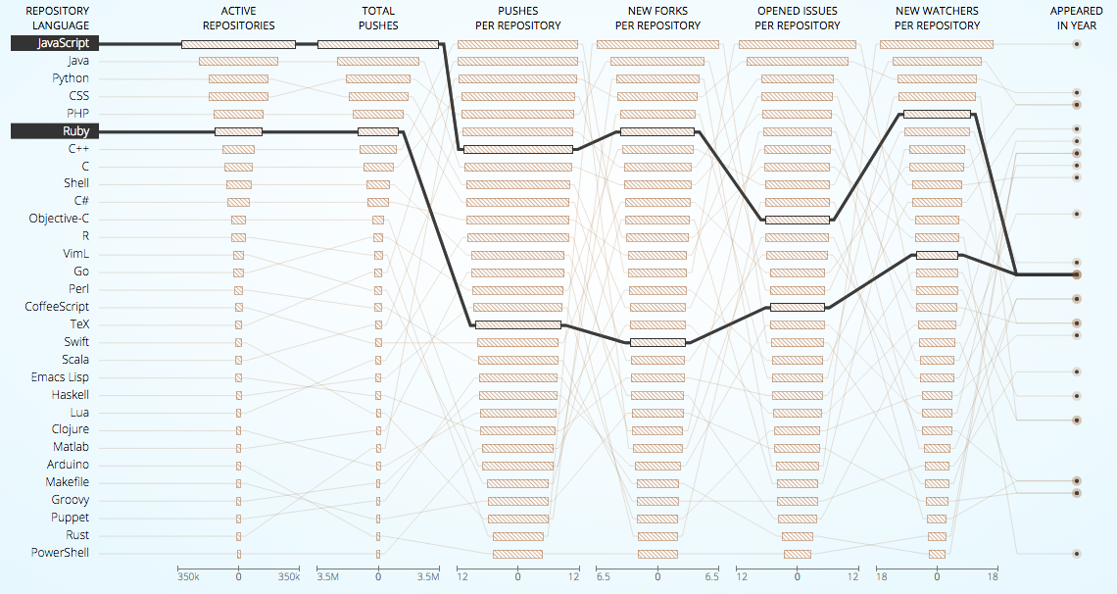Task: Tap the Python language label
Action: pos(71,78)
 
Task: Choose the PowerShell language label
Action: pos(60,553)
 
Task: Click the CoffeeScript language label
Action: pos(57,307)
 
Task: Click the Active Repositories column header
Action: pos(238,19)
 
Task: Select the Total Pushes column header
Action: pos(378,19)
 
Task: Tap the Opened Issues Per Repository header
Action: pos(798,19)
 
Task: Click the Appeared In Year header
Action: pos(1077,19)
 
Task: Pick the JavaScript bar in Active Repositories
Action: pos(238,44)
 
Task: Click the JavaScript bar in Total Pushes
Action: pos(378,44)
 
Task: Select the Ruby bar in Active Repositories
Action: pos(238,131)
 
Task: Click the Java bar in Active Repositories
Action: pos(238,62)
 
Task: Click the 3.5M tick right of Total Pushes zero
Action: pos(428,578)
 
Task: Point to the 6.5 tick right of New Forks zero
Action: pos(712,578)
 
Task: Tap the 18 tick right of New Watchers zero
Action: pos(993,578)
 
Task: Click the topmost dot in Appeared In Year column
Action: pos(1077,44)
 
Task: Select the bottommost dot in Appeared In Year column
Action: pos(1077,554)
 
